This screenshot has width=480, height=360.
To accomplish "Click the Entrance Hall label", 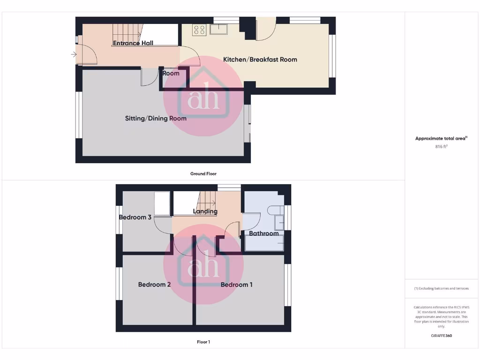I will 133,43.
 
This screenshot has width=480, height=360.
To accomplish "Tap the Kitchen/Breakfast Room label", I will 260,60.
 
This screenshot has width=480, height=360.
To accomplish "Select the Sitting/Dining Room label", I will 156,119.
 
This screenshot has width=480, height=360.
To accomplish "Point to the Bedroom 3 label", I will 135,217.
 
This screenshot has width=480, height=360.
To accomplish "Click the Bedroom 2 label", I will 154,285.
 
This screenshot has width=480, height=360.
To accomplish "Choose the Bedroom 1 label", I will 237,285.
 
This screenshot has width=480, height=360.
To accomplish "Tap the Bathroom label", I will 264,233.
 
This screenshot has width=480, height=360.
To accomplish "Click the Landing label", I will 205,211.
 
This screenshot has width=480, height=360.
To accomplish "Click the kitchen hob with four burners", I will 199,30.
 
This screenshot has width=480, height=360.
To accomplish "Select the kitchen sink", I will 218,30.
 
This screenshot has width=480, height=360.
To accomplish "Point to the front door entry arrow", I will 74,55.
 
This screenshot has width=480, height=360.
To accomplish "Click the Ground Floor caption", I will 203,174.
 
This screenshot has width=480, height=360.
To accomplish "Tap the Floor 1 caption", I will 203,342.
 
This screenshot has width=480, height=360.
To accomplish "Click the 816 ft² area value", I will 441,147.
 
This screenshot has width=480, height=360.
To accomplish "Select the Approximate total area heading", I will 441,138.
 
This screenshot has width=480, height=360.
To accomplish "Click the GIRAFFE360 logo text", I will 441,336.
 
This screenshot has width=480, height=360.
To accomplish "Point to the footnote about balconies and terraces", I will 441,288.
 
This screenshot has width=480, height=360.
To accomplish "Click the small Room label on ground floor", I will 171,74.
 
